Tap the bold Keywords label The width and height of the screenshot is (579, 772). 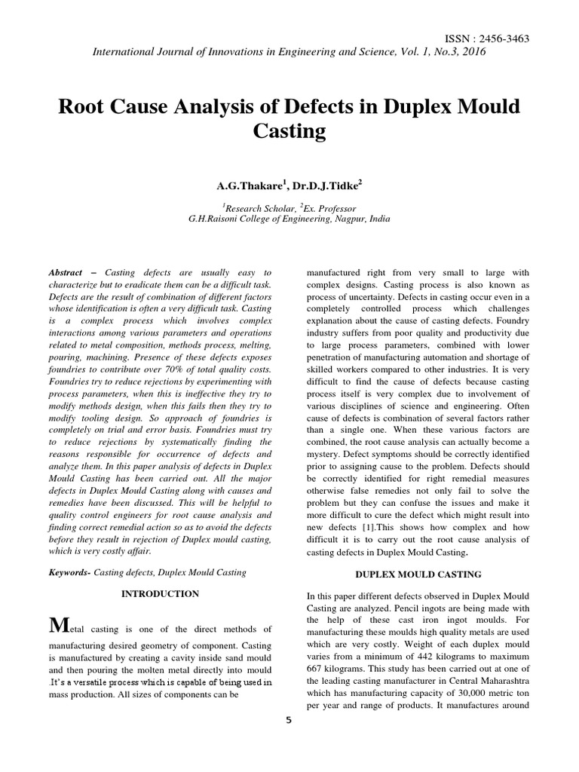70,572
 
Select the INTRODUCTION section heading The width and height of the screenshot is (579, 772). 160,594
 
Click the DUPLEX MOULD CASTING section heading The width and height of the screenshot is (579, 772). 418,574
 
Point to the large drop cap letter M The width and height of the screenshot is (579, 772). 57,626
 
